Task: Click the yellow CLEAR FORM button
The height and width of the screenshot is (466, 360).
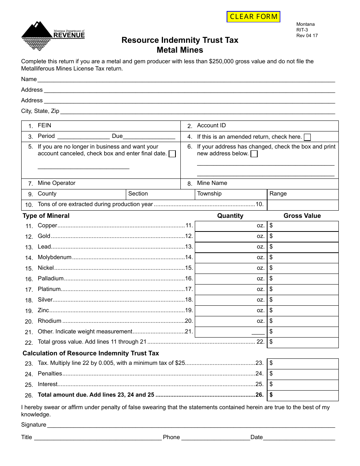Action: coord(254,17)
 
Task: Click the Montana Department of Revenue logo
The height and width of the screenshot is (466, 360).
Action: coord(53,36)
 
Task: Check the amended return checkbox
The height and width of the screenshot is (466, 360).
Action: coord(308,137)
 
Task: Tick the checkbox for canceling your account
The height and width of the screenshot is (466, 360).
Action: coord(172,154)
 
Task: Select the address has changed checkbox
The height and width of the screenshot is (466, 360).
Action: coord(254,154)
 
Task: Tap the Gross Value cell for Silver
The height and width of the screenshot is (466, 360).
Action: coord(303,300)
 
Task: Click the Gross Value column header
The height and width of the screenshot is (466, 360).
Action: coord(302,216)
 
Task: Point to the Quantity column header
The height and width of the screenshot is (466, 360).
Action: coord(230,216)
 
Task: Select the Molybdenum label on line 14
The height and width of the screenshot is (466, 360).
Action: coord(55,257)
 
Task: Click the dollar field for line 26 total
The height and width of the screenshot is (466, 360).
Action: coord(303,395)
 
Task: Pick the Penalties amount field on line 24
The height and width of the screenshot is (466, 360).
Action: coord(303,374)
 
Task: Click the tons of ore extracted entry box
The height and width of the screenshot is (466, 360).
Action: coord(303,205)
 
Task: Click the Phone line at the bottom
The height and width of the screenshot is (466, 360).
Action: coord(215,437)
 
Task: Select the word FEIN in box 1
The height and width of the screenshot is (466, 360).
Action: coord(44,125)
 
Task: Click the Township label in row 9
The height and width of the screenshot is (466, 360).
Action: coord(209,194)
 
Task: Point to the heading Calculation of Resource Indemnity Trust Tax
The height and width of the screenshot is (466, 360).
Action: coord(91,353)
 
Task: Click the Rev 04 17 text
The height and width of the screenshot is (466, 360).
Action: coord(307,36)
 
